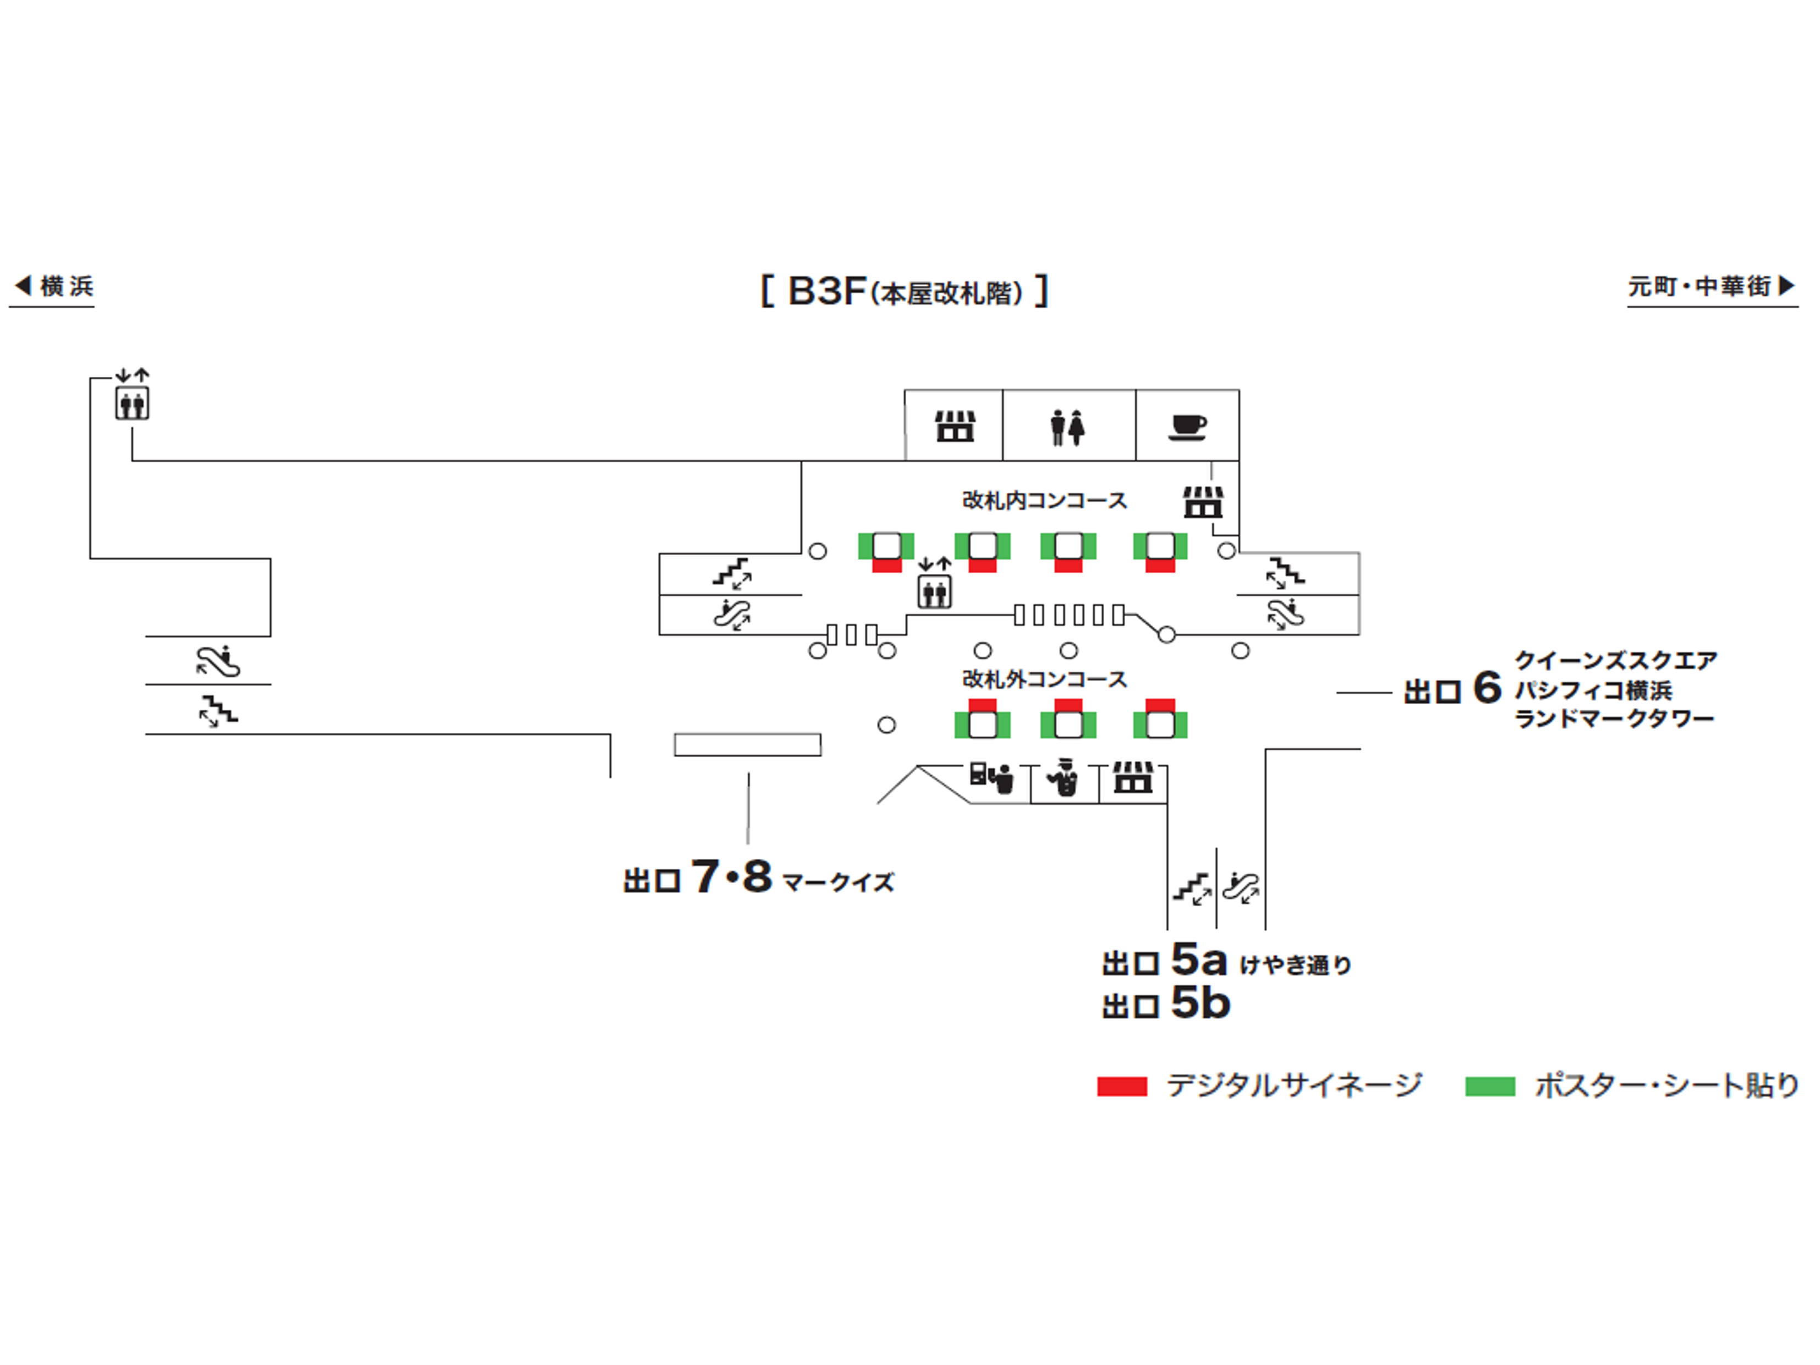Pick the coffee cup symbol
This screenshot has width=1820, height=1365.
tap(1187, 427)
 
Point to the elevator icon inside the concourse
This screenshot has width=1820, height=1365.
tap(935, 591)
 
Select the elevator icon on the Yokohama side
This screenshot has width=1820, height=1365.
tap(131, 403)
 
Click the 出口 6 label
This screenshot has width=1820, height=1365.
tap(1453, 689)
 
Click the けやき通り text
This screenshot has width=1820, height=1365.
tap(1295, 964)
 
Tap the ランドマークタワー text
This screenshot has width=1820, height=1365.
tap(1614, 719)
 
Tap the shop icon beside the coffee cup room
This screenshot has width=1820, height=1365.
tap(1203, 501)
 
